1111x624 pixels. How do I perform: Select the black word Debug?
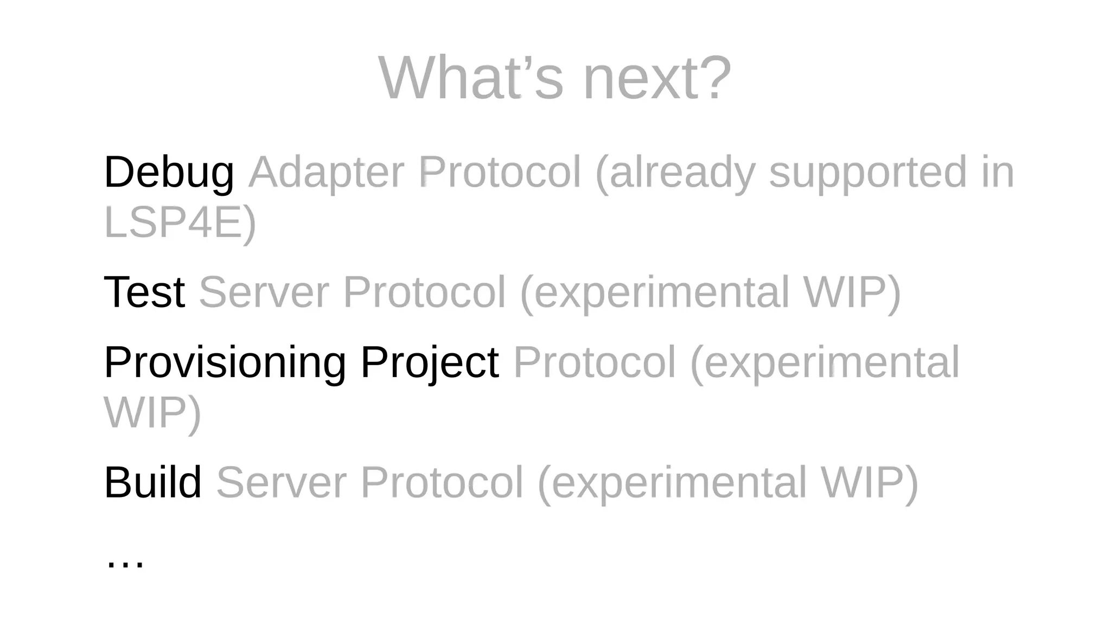pos(169,173)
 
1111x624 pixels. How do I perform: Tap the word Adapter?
pos(326,173)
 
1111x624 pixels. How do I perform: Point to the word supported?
pos(868,173)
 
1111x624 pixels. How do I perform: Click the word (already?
pos(675,173)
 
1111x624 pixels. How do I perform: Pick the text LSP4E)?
pos(180,222)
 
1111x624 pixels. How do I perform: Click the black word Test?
pos(144,292)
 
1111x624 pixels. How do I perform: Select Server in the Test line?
pos(264,292)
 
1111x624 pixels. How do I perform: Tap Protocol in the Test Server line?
pos(424,292)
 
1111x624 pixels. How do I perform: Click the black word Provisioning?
pos(225,362)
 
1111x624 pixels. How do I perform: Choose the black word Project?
pos(429,362)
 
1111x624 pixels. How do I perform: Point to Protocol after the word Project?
pos(595,362)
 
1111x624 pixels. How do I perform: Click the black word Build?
pos(152,482)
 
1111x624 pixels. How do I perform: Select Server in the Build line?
pos(282,482)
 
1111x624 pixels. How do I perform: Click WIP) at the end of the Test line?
pos(852,292)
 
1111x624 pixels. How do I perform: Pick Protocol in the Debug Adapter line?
pos(499,173)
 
